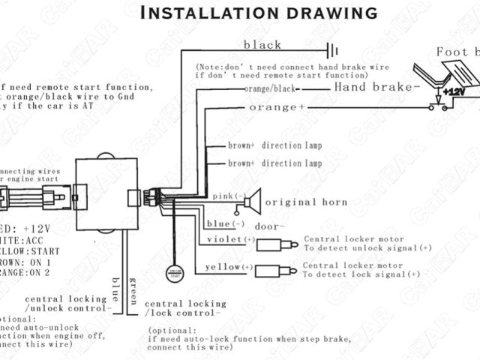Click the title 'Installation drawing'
pyautogui.click(x=259, y=12)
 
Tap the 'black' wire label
pyautogui.click(x=262, y=44)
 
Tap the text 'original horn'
pyautogui.click(x=306, y=202)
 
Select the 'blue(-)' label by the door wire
pyautogui.click(x=219, y=224)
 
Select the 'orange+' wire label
pyautogui.click(x=268, y=108)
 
